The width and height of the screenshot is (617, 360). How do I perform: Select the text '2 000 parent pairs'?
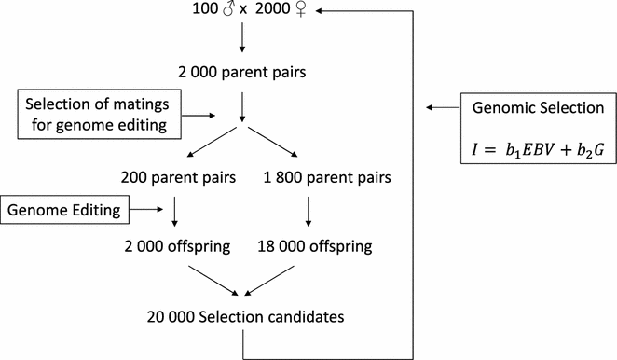pos(242,72)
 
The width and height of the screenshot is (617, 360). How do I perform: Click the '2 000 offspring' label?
pos(174,246)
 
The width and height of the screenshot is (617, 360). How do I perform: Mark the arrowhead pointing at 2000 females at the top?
pos(320,12)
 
